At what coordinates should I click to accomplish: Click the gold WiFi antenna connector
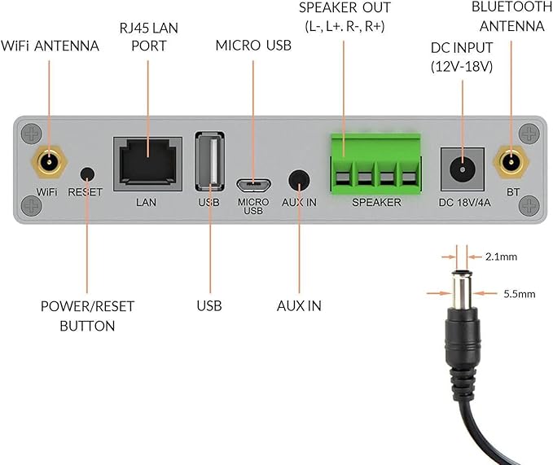[50, 162]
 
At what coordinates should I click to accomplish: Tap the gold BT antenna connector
[511, 162]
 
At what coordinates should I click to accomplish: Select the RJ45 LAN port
[147, 164]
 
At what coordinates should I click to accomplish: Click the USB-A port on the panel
[210, 161]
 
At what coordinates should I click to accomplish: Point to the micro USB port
[253, 184]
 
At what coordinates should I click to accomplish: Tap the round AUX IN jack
[299, 180]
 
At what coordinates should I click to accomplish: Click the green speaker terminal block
[376, 164]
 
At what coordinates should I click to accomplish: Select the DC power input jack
[463, 169]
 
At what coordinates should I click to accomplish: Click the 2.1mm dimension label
[501, 257]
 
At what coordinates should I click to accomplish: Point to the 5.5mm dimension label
[519, 294]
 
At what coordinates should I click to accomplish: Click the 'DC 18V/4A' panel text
[464, 203]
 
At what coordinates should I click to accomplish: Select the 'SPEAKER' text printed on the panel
[376, 202]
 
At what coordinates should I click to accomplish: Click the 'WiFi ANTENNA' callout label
[50, 46]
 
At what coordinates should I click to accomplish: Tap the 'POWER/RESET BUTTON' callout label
[87, 316]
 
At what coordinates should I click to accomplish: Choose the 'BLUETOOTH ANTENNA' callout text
[511, 16]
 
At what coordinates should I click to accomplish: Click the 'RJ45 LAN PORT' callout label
[148, 37]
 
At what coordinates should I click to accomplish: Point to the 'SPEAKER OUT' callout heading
[345, 8]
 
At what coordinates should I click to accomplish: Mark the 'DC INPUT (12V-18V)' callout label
[462, 57]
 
